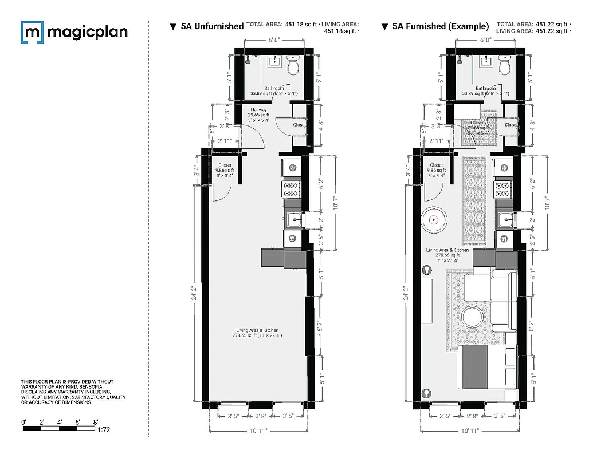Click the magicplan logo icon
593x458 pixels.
(x=32, y=32)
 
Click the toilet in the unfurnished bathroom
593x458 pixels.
(x=293, y=68)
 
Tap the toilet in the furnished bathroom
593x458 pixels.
(x=505, y=68)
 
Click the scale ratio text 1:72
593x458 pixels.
(x=105, y=429)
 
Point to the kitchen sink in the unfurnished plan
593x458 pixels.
(x=293, y=219)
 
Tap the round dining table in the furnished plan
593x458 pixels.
(x=434, y=219)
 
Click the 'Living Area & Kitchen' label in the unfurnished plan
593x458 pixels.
(x=257, y=330)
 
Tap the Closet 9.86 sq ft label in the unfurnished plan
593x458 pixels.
(x=225, y=170)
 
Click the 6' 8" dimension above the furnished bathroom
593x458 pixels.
(x=486, y=40)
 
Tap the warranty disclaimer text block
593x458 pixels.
(x=73, y=392)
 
